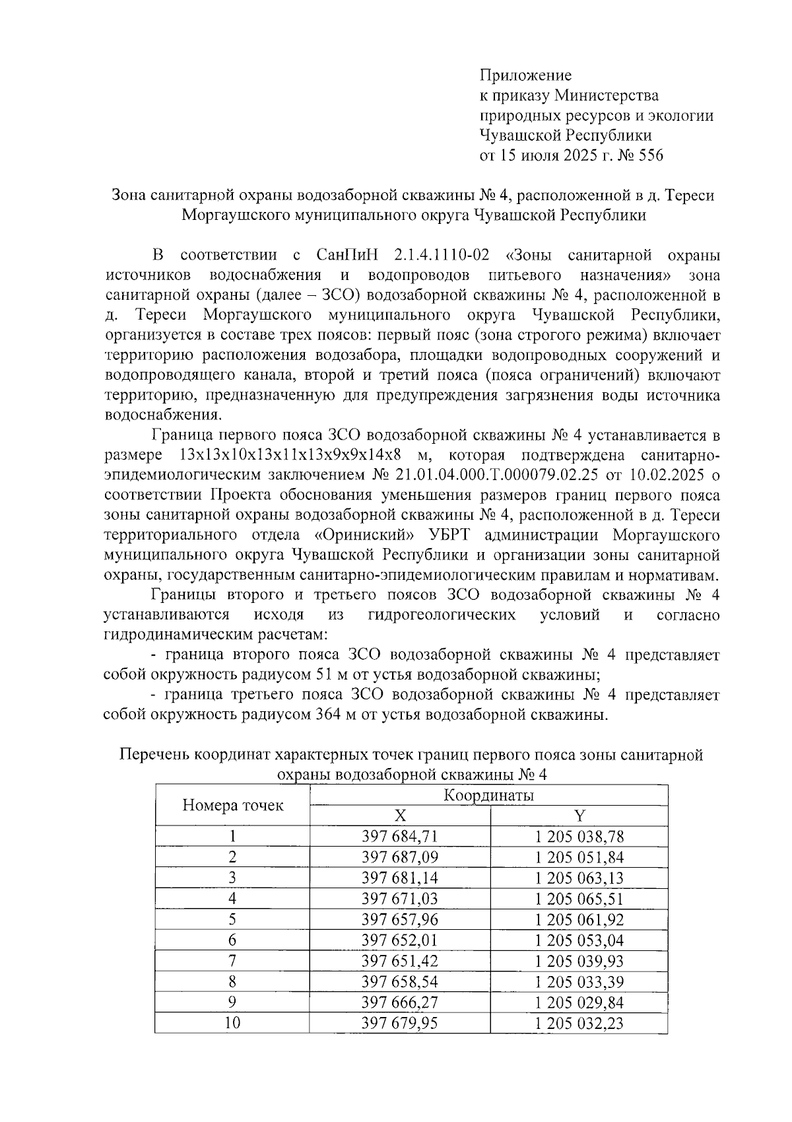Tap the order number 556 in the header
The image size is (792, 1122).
click(649, 156)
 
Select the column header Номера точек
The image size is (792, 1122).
click(232, 805)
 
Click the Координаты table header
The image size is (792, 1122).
click(488, 795)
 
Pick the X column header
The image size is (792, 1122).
click(400, 816)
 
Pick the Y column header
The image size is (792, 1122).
click(579, 816)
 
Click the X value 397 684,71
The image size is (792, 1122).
click(400, 837)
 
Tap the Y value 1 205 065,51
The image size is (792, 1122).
click(579, 899)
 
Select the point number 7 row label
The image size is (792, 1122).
click(232, 961)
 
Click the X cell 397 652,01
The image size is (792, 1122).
click(400, 940)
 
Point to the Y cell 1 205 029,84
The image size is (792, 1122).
click(579, 1002)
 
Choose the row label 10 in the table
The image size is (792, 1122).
click(232, 1023)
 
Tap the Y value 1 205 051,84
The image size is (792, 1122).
click(579, 857)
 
